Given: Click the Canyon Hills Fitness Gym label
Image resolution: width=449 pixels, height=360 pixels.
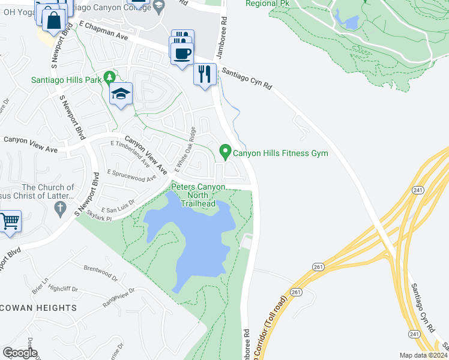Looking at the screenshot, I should (280, 154).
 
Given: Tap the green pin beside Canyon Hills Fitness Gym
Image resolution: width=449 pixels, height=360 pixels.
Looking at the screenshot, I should (226, 152).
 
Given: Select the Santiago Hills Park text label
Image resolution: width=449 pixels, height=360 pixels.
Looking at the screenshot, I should (67, 79).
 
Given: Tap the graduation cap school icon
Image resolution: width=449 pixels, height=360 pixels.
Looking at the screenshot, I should (121, 94).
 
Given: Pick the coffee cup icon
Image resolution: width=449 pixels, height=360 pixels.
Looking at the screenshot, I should (181, 54).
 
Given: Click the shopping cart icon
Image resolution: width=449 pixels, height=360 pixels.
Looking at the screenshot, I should (10, 221).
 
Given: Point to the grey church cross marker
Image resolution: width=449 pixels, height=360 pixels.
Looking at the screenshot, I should (59, 209).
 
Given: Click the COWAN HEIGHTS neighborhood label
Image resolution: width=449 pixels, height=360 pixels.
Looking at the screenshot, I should (39, 308).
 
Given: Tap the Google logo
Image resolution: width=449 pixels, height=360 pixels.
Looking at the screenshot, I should (19, 353).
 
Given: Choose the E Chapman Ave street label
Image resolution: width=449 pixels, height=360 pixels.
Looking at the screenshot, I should (104, 32).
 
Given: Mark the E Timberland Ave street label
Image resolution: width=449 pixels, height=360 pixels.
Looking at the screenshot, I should (130, 152).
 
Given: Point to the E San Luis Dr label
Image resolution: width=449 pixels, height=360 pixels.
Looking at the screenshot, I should (120, 205).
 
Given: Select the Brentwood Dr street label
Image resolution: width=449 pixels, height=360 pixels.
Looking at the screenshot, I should (100, 274).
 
